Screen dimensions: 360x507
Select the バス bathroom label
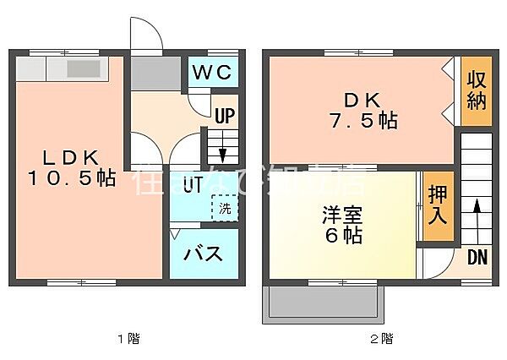(204, 254)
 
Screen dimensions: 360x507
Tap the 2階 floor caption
(383, 339)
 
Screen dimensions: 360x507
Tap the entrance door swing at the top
(146, 35)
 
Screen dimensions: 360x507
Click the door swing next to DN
(436, 265)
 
